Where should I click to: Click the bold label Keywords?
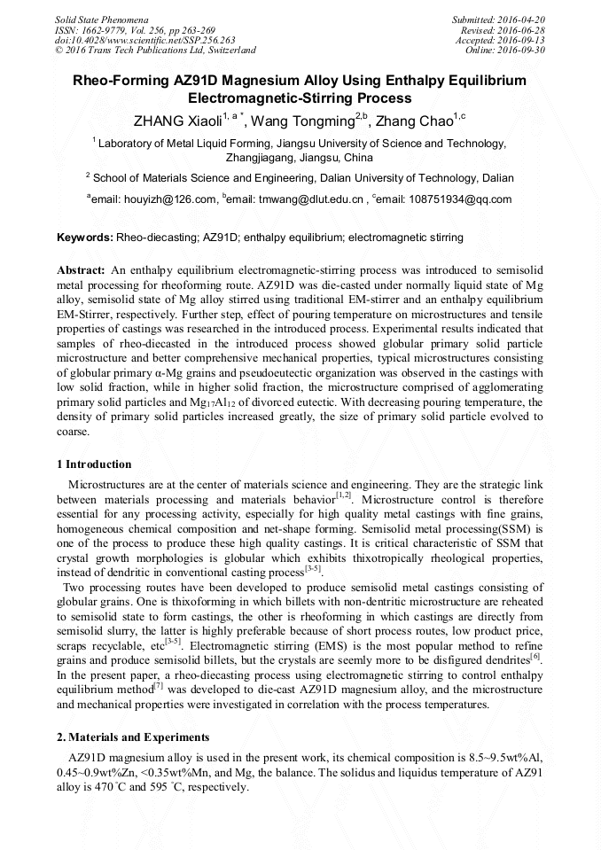(x=85, y=238)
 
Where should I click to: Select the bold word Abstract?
(x=81, y=269)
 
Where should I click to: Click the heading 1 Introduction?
(x=94, y=464)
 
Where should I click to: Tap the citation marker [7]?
(x=157, y=685)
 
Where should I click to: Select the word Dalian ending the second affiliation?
(x=495, y=177)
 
